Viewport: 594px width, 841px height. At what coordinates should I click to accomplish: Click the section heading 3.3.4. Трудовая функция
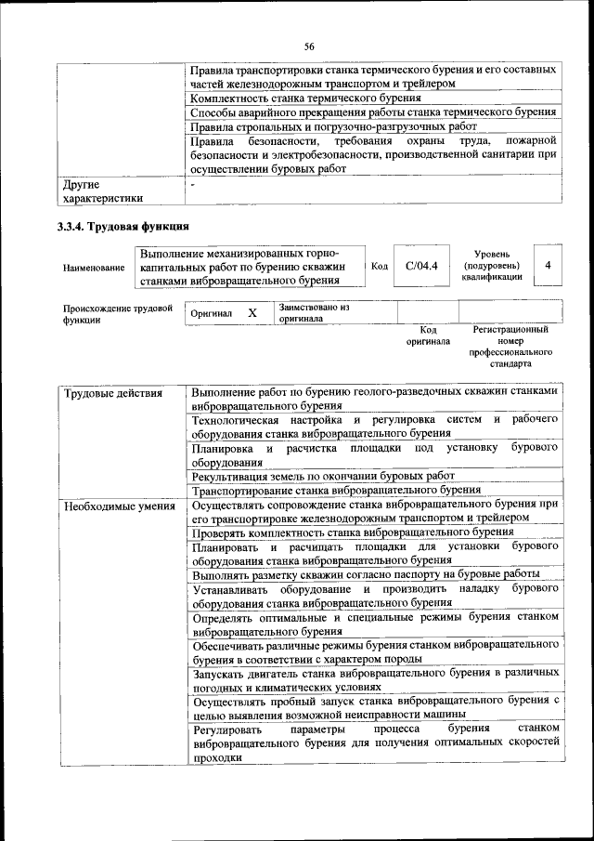pos(116,226)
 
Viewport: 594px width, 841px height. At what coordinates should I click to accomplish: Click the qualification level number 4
pos(549,266)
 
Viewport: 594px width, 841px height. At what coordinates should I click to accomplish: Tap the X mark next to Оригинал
pos(252,313)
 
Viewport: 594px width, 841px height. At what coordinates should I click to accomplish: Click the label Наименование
pos(94,268)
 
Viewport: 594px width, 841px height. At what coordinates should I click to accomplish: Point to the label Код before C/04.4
pos(379,267)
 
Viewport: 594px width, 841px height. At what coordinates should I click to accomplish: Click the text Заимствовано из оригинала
pos(314,312)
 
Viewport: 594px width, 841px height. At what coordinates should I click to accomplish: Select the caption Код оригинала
pos(428,335)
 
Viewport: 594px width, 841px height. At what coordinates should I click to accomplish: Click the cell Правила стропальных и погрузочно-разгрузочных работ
pos(333,126)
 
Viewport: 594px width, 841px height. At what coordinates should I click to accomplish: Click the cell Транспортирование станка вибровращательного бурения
pos(336,490)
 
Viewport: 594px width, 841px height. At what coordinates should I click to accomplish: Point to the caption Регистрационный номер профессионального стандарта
pos(510,348)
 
